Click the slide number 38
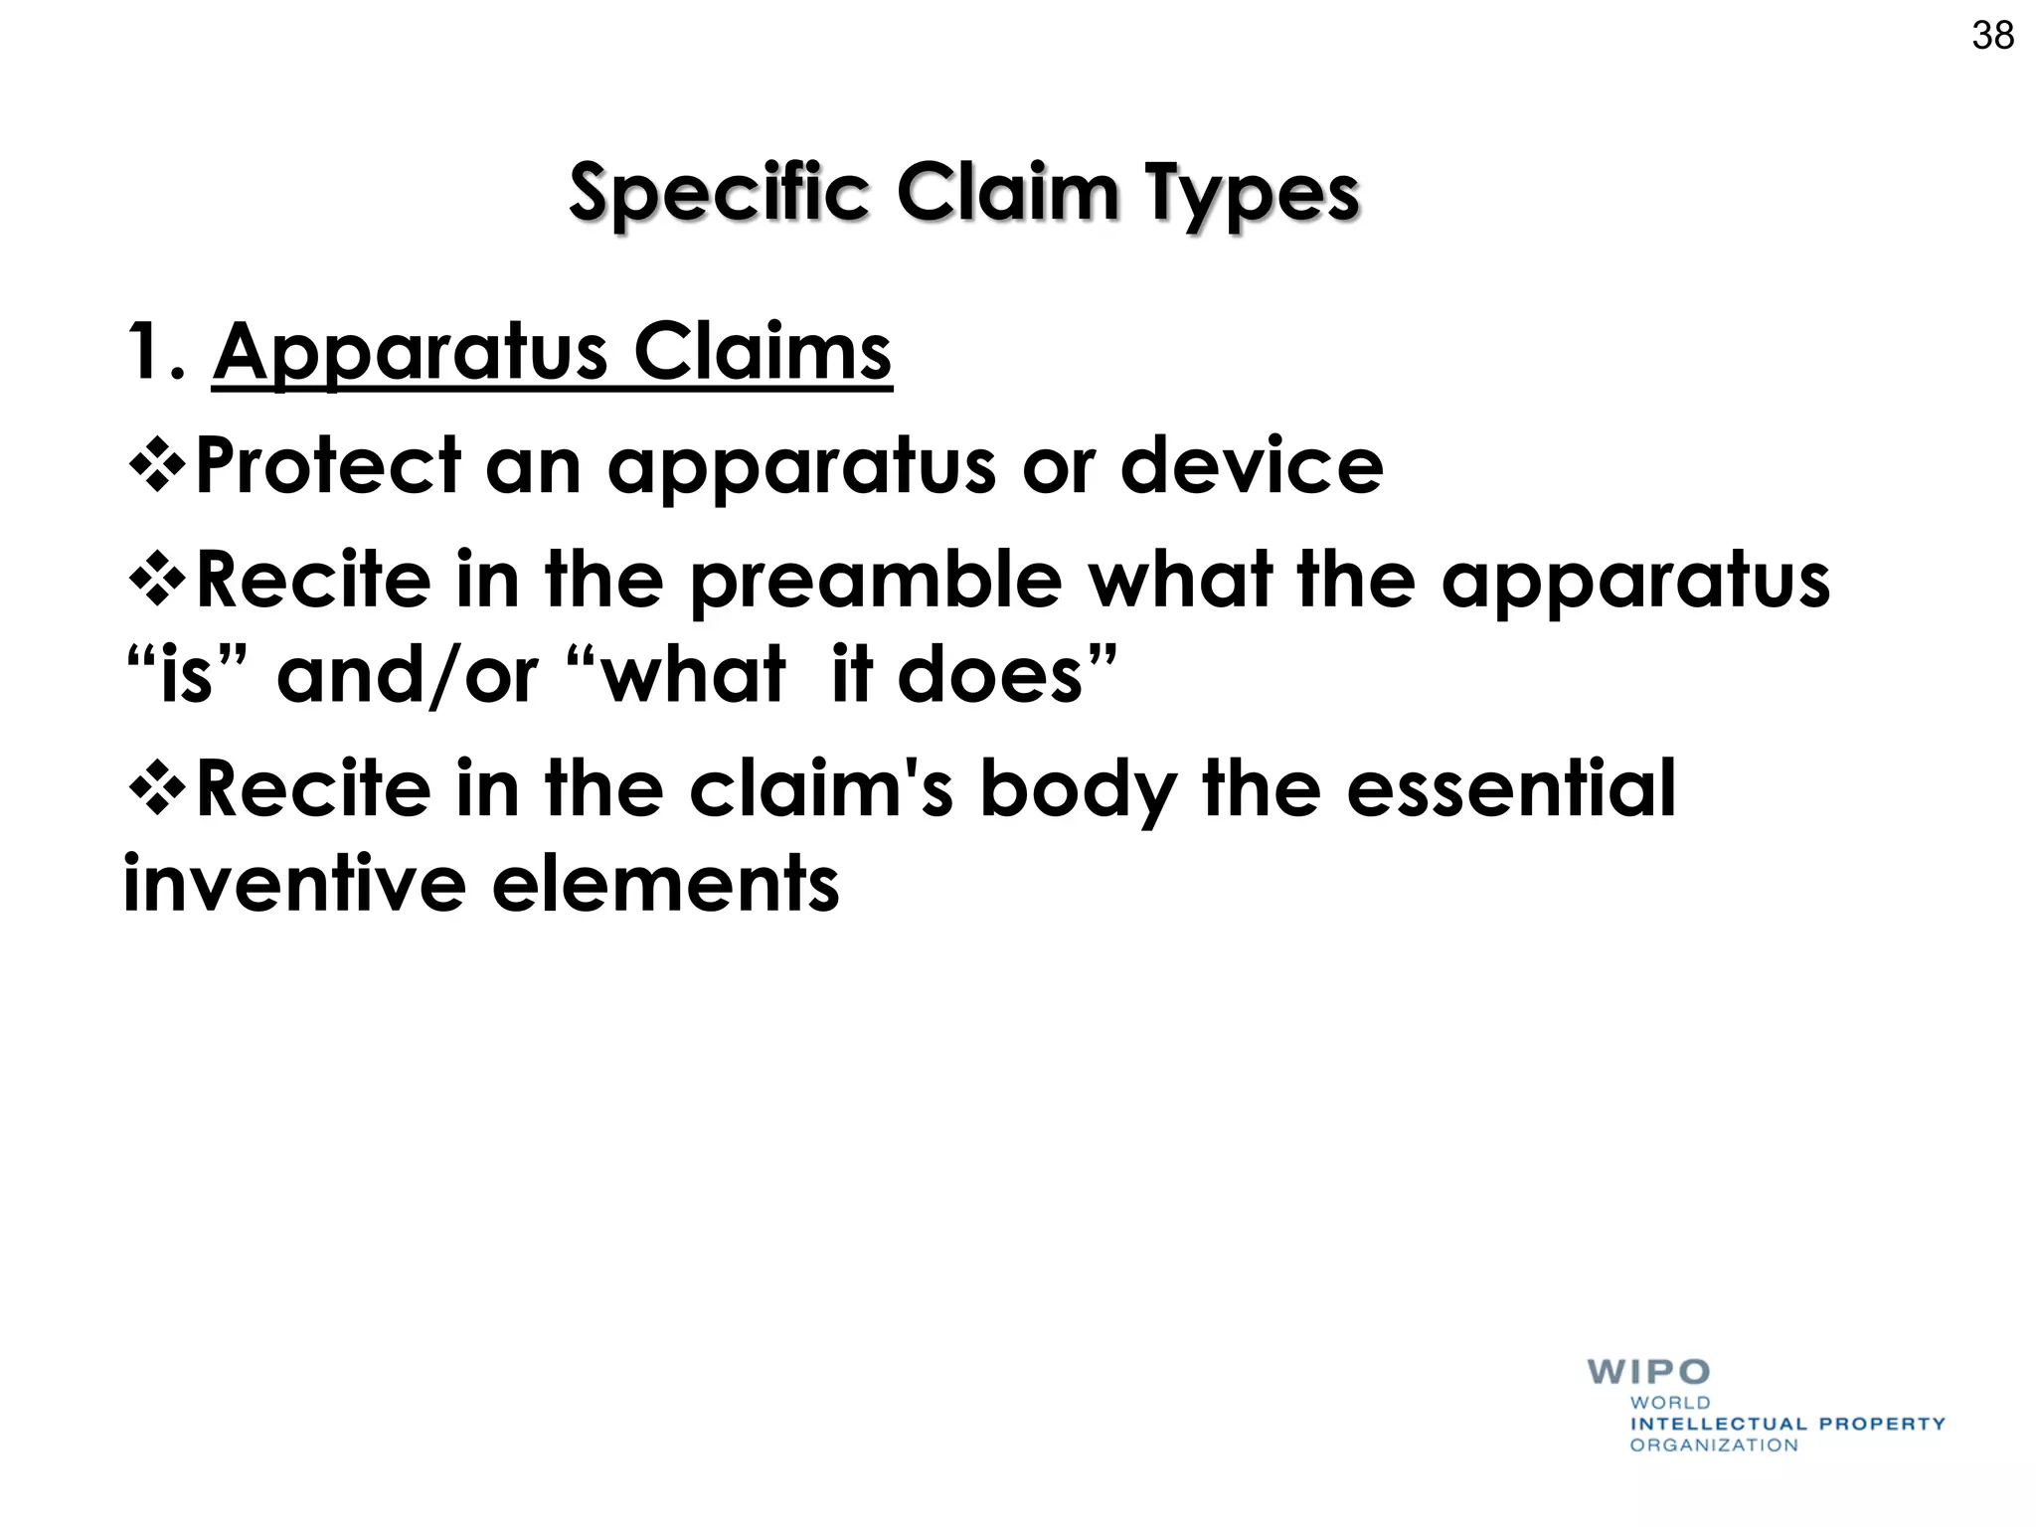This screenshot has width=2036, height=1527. tap(1992, 36)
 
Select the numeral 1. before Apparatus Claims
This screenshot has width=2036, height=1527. tap(155, 352)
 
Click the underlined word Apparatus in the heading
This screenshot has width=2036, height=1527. tap(410, 354)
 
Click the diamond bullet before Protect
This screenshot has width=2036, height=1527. tap(157, 464)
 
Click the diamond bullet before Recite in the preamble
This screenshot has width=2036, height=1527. tap(157, 580)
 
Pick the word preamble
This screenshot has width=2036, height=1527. tap(876, 581)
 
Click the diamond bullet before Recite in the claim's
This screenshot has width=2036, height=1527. tap(157, 788)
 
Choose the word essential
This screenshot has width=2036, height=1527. tap(1511, 789)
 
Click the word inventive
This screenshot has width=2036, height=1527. tap(294, 884)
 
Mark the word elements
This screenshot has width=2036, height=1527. tap(666, 884)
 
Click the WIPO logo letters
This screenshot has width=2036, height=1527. tap(1648, 1372)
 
